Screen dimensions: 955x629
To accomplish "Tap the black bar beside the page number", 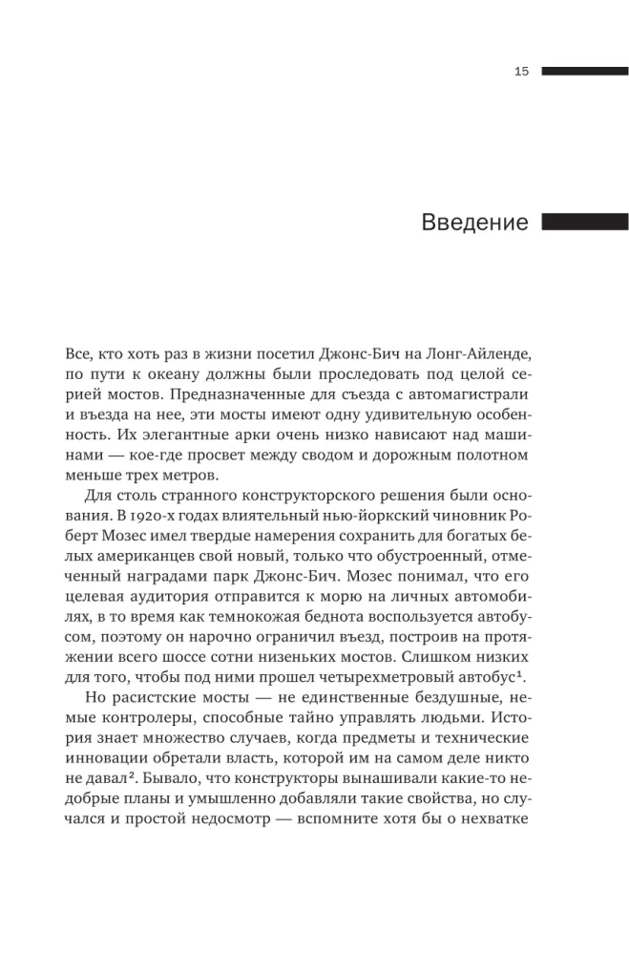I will [x=584, y=72].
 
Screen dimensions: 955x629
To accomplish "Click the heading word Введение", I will [x=474, y=223].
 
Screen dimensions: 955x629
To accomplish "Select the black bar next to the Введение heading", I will [x=584, y=223].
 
